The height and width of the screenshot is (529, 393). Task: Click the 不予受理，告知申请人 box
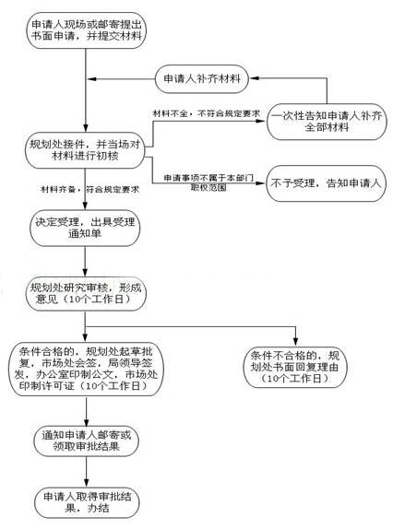327,182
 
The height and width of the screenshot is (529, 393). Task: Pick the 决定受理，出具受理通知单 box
87,229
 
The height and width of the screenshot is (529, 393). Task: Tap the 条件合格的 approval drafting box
87,369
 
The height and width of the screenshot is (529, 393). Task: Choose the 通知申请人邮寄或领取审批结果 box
87,439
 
